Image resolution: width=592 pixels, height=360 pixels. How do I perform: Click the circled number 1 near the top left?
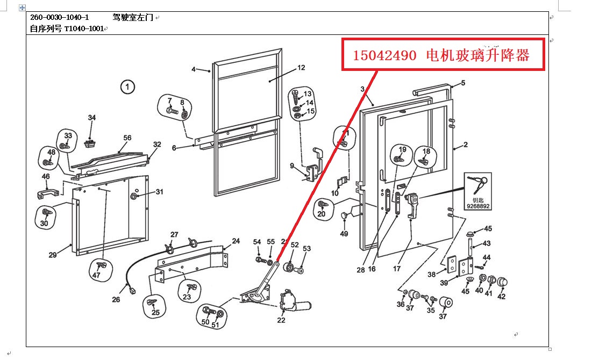point(127,87)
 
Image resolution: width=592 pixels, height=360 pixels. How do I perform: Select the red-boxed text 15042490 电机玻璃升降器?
point(441,55)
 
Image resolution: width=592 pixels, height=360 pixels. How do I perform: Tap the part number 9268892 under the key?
point(477,205)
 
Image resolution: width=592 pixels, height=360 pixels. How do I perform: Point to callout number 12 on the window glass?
point(301,68)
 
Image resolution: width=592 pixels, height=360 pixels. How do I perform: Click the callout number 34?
point(92,118)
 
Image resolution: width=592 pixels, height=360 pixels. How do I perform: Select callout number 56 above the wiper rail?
point(127,138)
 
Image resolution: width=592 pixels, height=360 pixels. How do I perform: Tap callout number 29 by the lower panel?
point(53,255)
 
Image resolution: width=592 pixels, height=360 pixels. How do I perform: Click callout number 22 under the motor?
point(281,320)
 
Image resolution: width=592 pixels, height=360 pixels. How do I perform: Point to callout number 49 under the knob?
point(344,234)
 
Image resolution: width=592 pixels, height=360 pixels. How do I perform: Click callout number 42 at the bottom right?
point(501,296)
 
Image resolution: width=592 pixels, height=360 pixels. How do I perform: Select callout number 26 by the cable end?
point(116,299)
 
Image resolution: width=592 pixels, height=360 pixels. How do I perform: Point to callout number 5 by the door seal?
point(462,83)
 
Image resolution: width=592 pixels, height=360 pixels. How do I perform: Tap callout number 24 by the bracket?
point(236,241)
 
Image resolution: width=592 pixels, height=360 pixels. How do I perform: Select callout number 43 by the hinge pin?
point(486,243)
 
